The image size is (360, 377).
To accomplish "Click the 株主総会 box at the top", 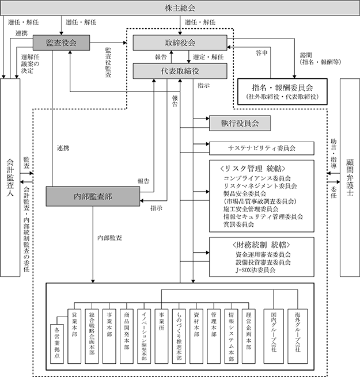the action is click(x=180, y=8).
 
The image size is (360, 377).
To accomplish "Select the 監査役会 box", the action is click(x=62, y=43).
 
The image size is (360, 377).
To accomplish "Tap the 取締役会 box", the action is click(x=180, y=43).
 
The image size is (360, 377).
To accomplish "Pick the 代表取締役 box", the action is click(x=180, y=71).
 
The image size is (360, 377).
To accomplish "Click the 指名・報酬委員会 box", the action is click(x=282, y=92).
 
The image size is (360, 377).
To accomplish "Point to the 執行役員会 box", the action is click(x=240, y=123).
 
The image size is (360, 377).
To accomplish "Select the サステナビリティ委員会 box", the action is click(x=262, y=148).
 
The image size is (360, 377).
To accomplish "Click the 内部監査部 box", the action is click(x=93, y=196).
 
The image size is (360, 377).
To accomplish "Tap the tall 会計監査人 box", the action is click(x=10, y=177).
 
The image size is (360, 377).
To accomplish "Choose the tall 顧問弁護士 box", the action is click(x=350, y=177).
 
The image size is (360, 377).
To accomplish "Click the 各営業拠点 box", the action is click(x=57, y=344).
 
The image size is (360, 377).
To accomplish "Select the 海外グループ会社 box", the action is click(x=298, y=336).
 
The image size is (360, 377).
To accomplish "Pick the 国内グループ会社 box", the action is click(x=274, y=336).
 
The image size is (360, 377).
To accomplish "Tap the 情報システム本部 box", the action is click(x=231, y=336).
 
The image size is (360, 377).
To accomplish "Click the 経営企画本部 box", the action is click(x=249, y=336).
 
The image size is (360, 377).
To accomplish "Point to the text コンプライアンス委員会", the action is click(x=257, y=178).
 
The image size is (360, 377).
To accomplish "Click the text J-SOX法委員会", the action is click(x=255, y=270).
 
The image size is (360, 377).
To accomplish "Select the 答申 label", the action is click(x=262, y=52).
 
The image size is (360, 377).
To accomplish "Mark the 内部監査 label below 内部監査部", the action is click(x=109, y=238).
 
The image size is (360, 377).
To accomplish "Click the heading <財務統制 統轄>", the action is click(x=262, y=245).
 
